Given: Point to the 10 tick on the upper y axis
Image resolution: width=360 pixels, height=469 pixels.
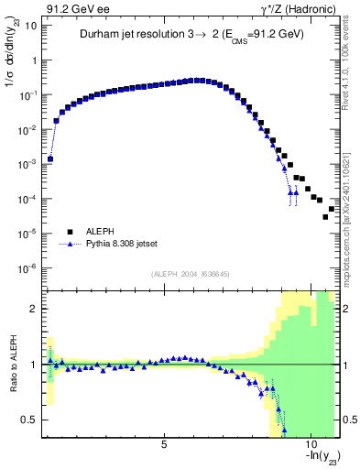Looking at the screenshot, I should (x=30, y=26).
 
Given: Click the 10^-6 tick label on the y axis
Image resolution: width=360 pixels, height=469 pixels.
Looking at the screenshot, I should (x=27, y=268).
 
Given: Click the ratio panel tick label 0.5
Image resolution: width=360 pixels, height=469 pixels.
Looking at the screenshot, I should (x=29, y=420).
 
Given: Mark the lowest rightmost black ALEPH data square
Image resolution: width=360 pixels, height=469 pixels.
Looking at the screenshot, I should (x=325, y=217).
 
